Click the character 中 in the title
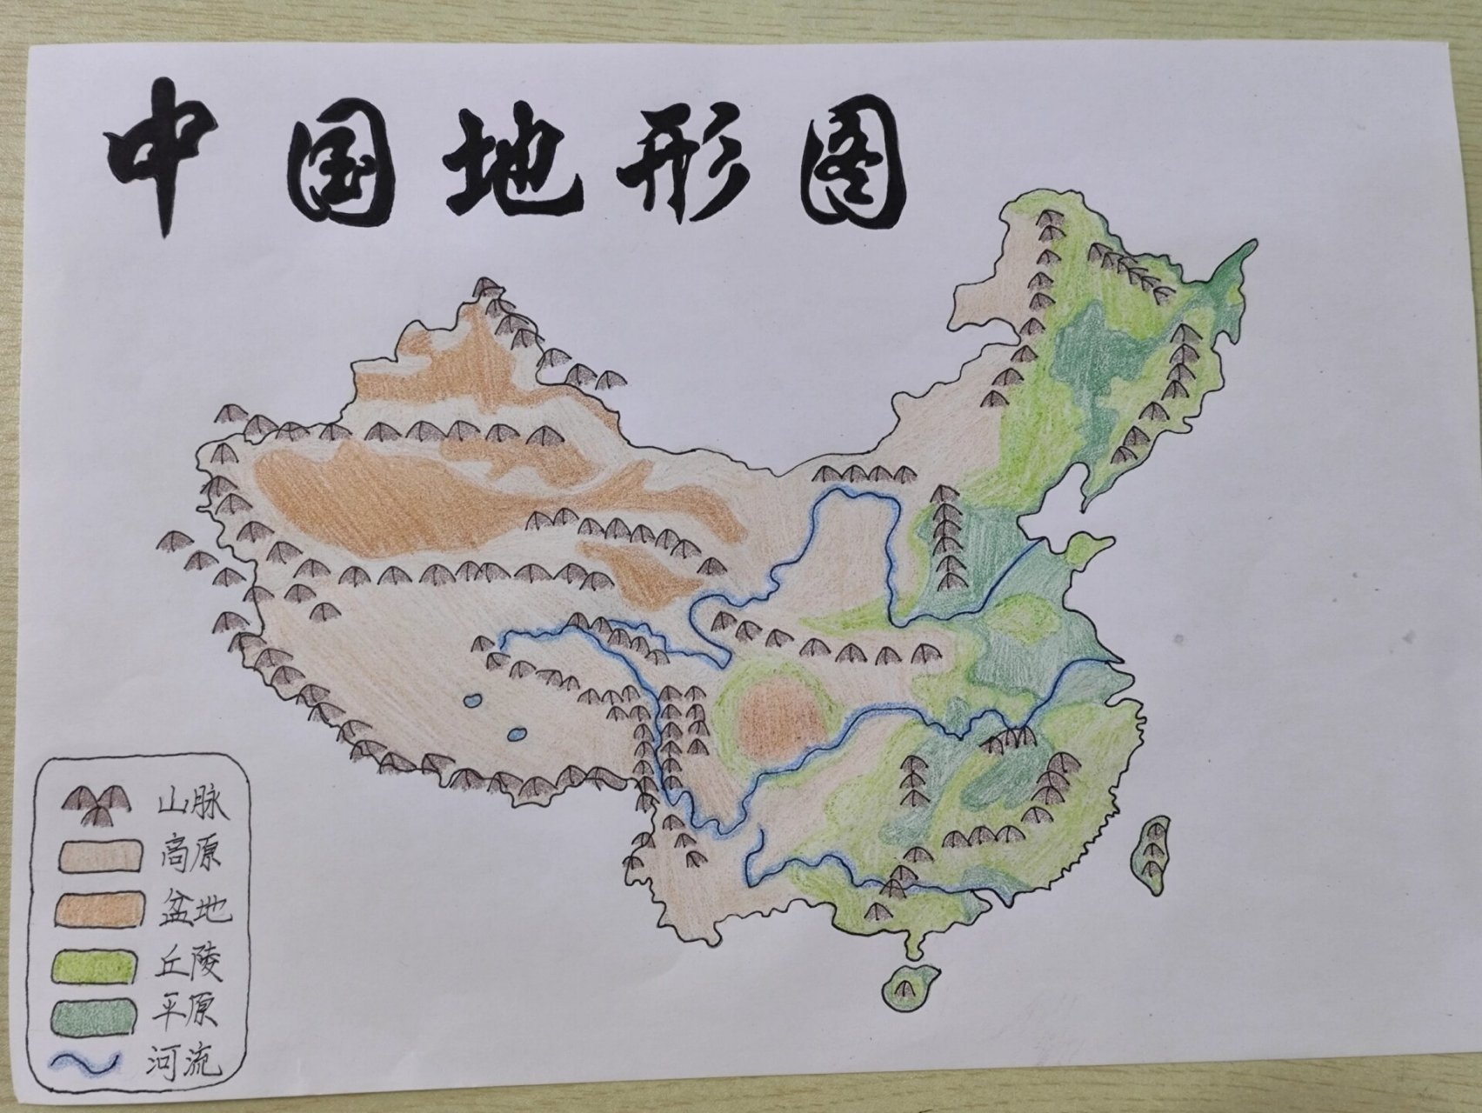[174, 157]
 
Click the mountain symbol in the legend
[96, 806]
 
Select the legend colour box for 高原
[98, 856]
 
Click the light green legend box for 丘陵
[98, 964]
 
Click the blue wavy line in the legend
[91, 1063]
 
